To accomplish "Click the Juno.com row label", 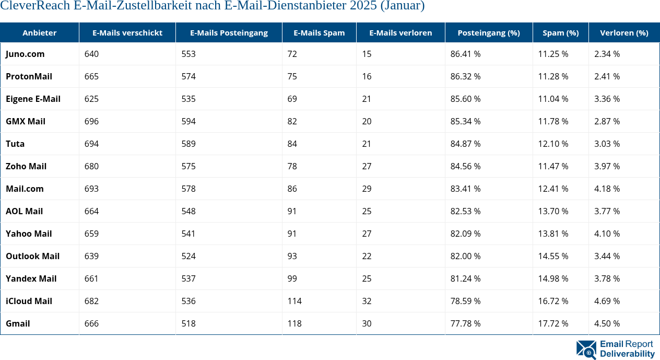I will pyautogui.click(x=25, y=54).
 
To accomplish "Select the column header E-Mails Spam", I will pyautogui.click(x=319, y=32).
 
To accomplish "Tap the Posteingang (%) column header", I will pyautogui.click(x=489, y=32).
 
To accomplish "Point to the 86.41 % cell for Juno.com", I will pyautogui.click(x=466, y=54).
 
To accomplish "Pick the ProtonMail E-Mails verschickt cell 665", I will pyautogui.click(x=91, y=76).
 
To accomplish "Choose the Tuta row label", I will pyautogui.click(x=15, y=144).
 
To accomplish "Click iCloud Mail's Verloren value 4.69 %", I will pyautogui.click(x=607, y=301).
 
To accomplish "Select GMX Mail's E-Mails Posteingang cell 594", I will pyautogui.click(x=188, y=121).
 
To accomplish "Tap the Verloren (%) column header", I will pyautogui.click(x=624, y=32).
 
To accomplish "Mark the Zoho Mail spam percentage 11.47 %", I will pyautogui.click(x=553, y=166).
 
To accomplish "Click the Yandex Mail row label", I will pyautogui.click(x=31, y=278).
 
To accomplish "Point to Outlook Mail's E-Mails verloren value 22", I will pyautogui.click(x=367, y=256).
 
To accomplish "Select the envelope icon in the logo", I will pyautogui.click(x=586, y=350).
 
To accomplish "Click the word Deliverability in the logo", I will pyautogui.click(x=627, y=354).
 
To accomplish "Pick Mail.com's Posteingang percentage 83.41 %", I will pyautogui.click(x=466, y=189).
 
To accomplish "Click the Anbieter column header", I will pyautogui.click(x=40, y=32).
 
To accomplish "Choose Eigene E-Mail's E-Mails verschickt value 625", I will pyautogui.click(x=91, y=99).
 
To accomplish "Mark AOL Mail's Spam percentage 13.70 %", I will pyautogui.click(x=553, y=211).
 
